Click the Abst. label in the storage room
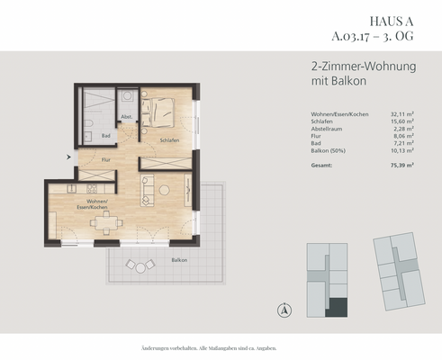126,117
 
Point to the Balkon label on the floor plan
180,258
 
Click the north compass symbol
284,310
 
